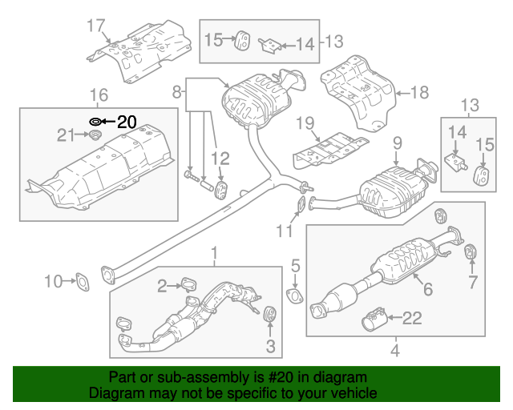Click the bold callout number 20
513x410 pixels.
point(127,122)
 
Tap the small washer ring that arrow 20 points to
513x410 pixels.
point(95,122)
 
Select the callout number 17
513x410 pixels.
point(95,26)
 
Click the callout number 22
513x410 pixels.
point(411,319)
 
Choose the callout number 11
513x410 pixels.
point(281,233)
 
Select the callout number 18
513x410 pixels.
point(420,93)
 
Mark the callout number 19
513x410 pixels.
point(303,123)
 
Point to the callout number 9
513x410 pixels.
point(395,144)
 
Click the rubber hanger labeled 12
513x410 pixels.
point(220,189)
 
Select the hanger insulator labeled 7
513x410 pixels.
point(471,253)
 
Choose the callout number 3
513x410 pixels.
point(270,347)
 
